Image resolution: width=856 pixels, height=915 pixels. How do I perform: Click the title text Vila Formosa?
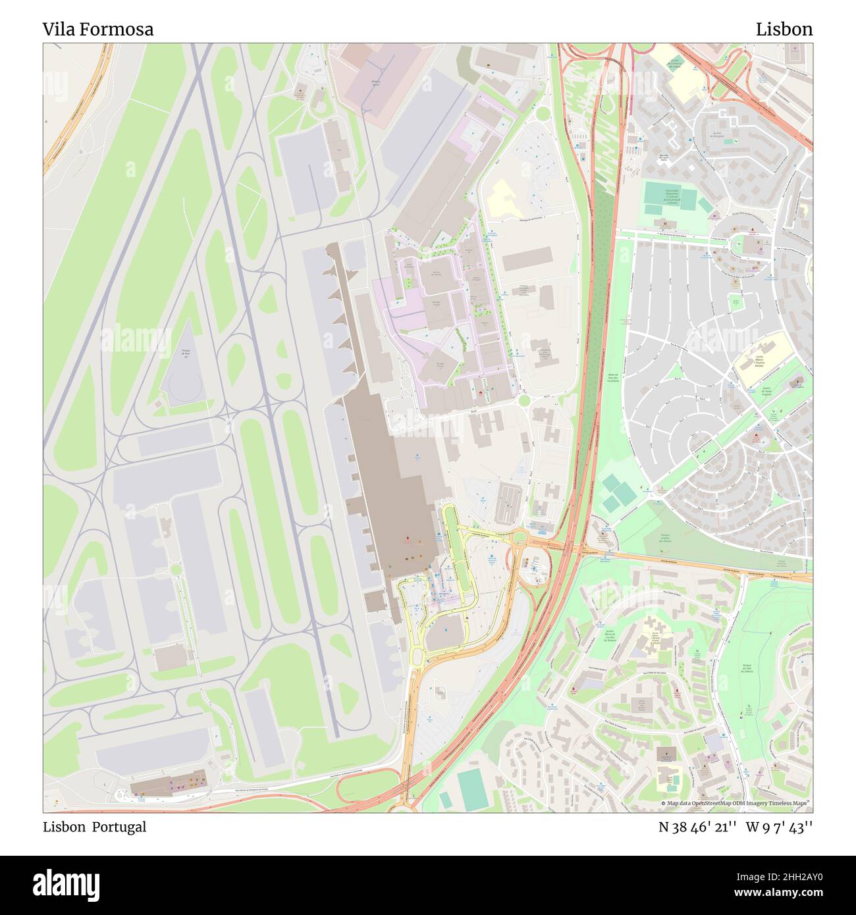point(98,29)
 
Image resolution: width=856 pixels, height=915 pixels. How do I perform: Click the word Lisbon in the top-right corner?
point(784,29)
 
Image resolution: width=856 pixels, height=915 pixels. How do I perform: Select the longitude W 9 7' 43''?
point(779,827)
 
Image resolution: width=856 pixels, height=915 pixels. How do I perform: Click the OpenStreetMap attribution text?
point(736,804)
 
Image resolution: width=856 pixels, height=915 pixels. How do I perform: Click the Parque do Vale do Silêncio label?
point(747,660)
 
